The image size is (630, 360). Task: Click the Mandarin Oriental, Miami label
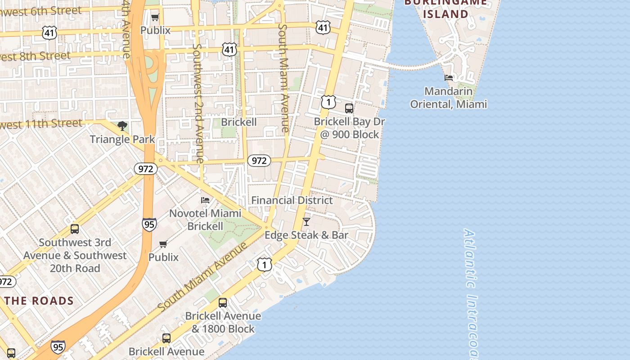pyautogui.click(x=448, y=98)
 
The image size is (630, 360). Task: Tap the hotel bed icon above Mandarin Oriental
pyautogui.click(x=449, y=78)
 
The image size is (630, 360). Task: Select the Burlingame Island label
pyautogui.click(x=445, y=8)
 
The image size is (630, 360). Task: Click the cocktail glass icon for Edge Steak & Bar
pyautogui.click(x=306, y=221)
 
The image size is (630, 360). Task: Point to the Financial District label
pyautogui.click(x=292, y=200)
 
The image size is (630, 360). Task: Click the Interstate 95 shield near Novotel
pyautogui.click(x=149, y=225)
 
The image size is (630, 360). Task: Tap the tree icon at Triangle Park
pyautogui.click(x=122, y=126)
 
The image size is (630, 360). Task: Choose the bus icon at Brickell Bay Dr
pyautogui.click(x=349, y=108)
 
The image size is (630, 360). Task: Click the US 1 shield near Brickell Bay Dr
pyautogui.click(x=328, y=102)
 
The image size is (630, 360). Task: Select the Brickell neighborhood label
pyautogui.click(x=239, y=122)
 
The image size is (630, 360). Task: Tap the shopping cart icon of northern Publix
pyautogui.click(x=155, y=17)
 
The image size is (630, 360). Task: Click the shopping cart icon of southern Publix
pyautogui.click(x=163, y=244)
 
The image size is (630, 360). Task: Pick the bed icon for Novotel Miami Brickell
pyautogui.click(x=205, y=200)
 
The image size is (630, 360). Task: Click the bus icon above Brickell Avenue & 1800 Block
pyautogui.click(x=223, y=303)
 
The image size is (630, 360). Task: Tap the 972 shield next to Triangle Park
pyautogui.click(x=146, y=169)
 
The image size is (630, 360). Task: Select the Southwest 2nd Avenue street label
pyautogui.click(x=198, y=103)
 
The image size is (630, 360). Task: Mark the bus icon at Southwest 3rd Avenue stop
pyautogui.click(x=75, y=229)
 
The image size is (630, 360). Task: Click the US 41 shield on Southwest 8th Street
pyautogui.click(x=229, y=49)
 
